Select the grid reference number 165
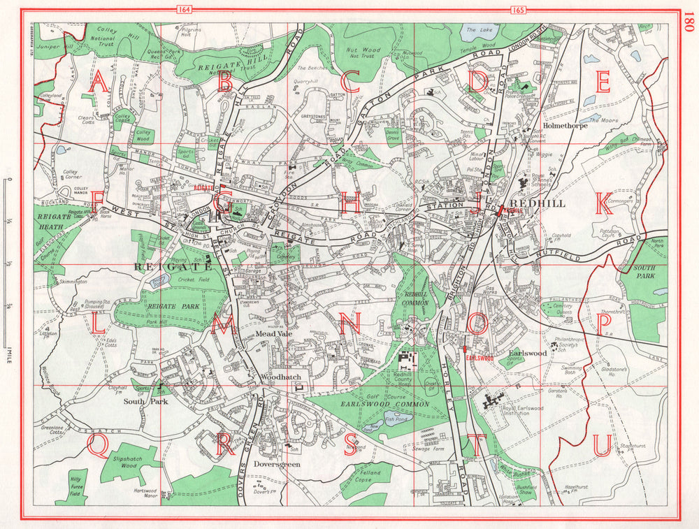click(519, 10)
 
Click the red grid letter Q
click(99, 445)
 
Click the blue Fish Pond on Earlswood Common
click(401, 420)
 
